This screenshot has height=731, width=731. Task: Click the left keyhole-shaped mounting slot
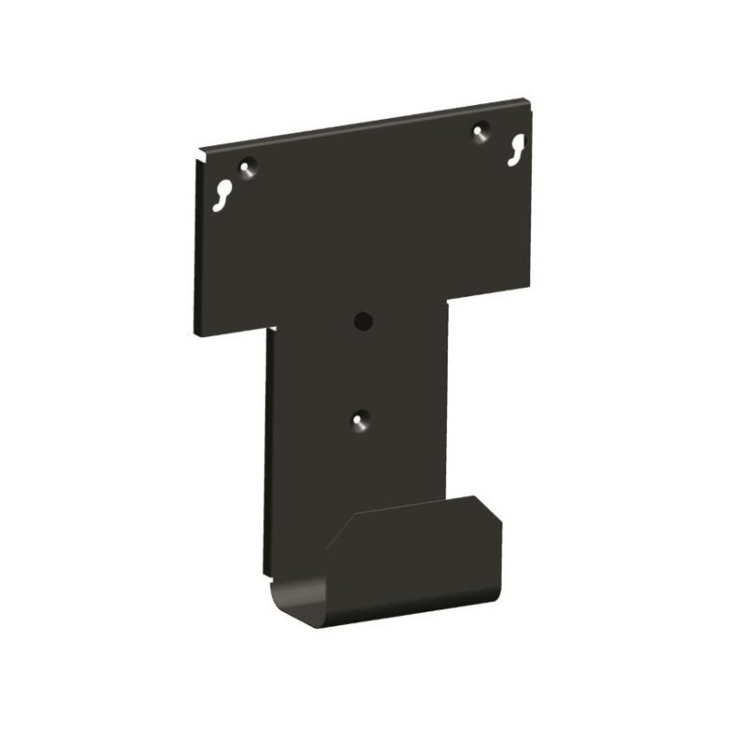(224, 195)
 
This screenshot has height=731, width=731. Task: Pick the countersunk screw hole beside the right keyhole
(479, 132)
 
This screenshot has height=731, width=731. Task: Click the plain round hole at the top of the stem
(363, 321)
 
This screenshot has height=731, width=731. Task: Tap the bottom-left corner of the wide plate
(196, 333)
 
